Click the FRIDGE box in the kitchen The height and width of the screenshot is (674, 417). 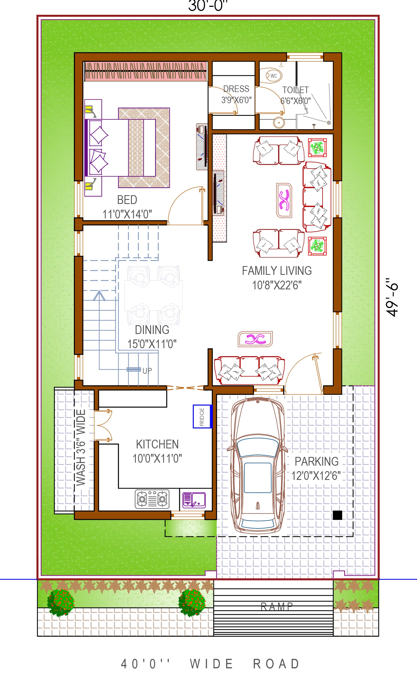point(202,416)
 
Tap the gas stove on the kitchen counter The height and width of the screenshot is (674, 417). point(152,499)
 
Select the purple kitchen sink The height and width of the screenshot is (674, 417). point(194,500)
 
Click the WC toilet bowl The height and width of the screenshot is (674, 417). point(273,76)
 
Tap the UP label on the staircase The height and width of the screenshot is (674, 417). point(147,370)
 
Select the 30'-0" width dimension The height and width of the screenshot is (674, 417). point(208,6)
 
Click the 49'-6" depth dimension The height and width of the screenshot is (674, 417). point(392,297)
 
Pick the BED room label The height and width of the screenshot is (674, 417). point(127,200)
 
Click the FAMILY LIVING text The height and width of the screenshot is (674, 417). point(277,271)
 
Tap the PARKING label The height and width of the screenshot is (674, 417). point(317,461)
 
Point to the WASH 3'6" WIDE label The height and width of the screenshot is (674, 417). point(81,447)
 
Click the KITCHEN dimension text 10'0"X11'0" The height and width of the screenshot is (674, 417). point(157,459)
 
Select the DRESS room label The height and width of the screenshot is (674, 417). point(236,89)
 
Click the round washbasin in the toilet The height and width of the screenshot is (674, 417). point(279,122)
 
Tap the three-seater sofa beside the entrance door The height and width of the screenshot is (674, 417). point(249,370)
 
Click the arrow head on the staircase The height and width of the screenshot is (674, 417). point(99,295)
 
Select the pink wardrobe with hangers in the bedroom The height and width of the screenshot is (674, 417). point(146,71)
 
